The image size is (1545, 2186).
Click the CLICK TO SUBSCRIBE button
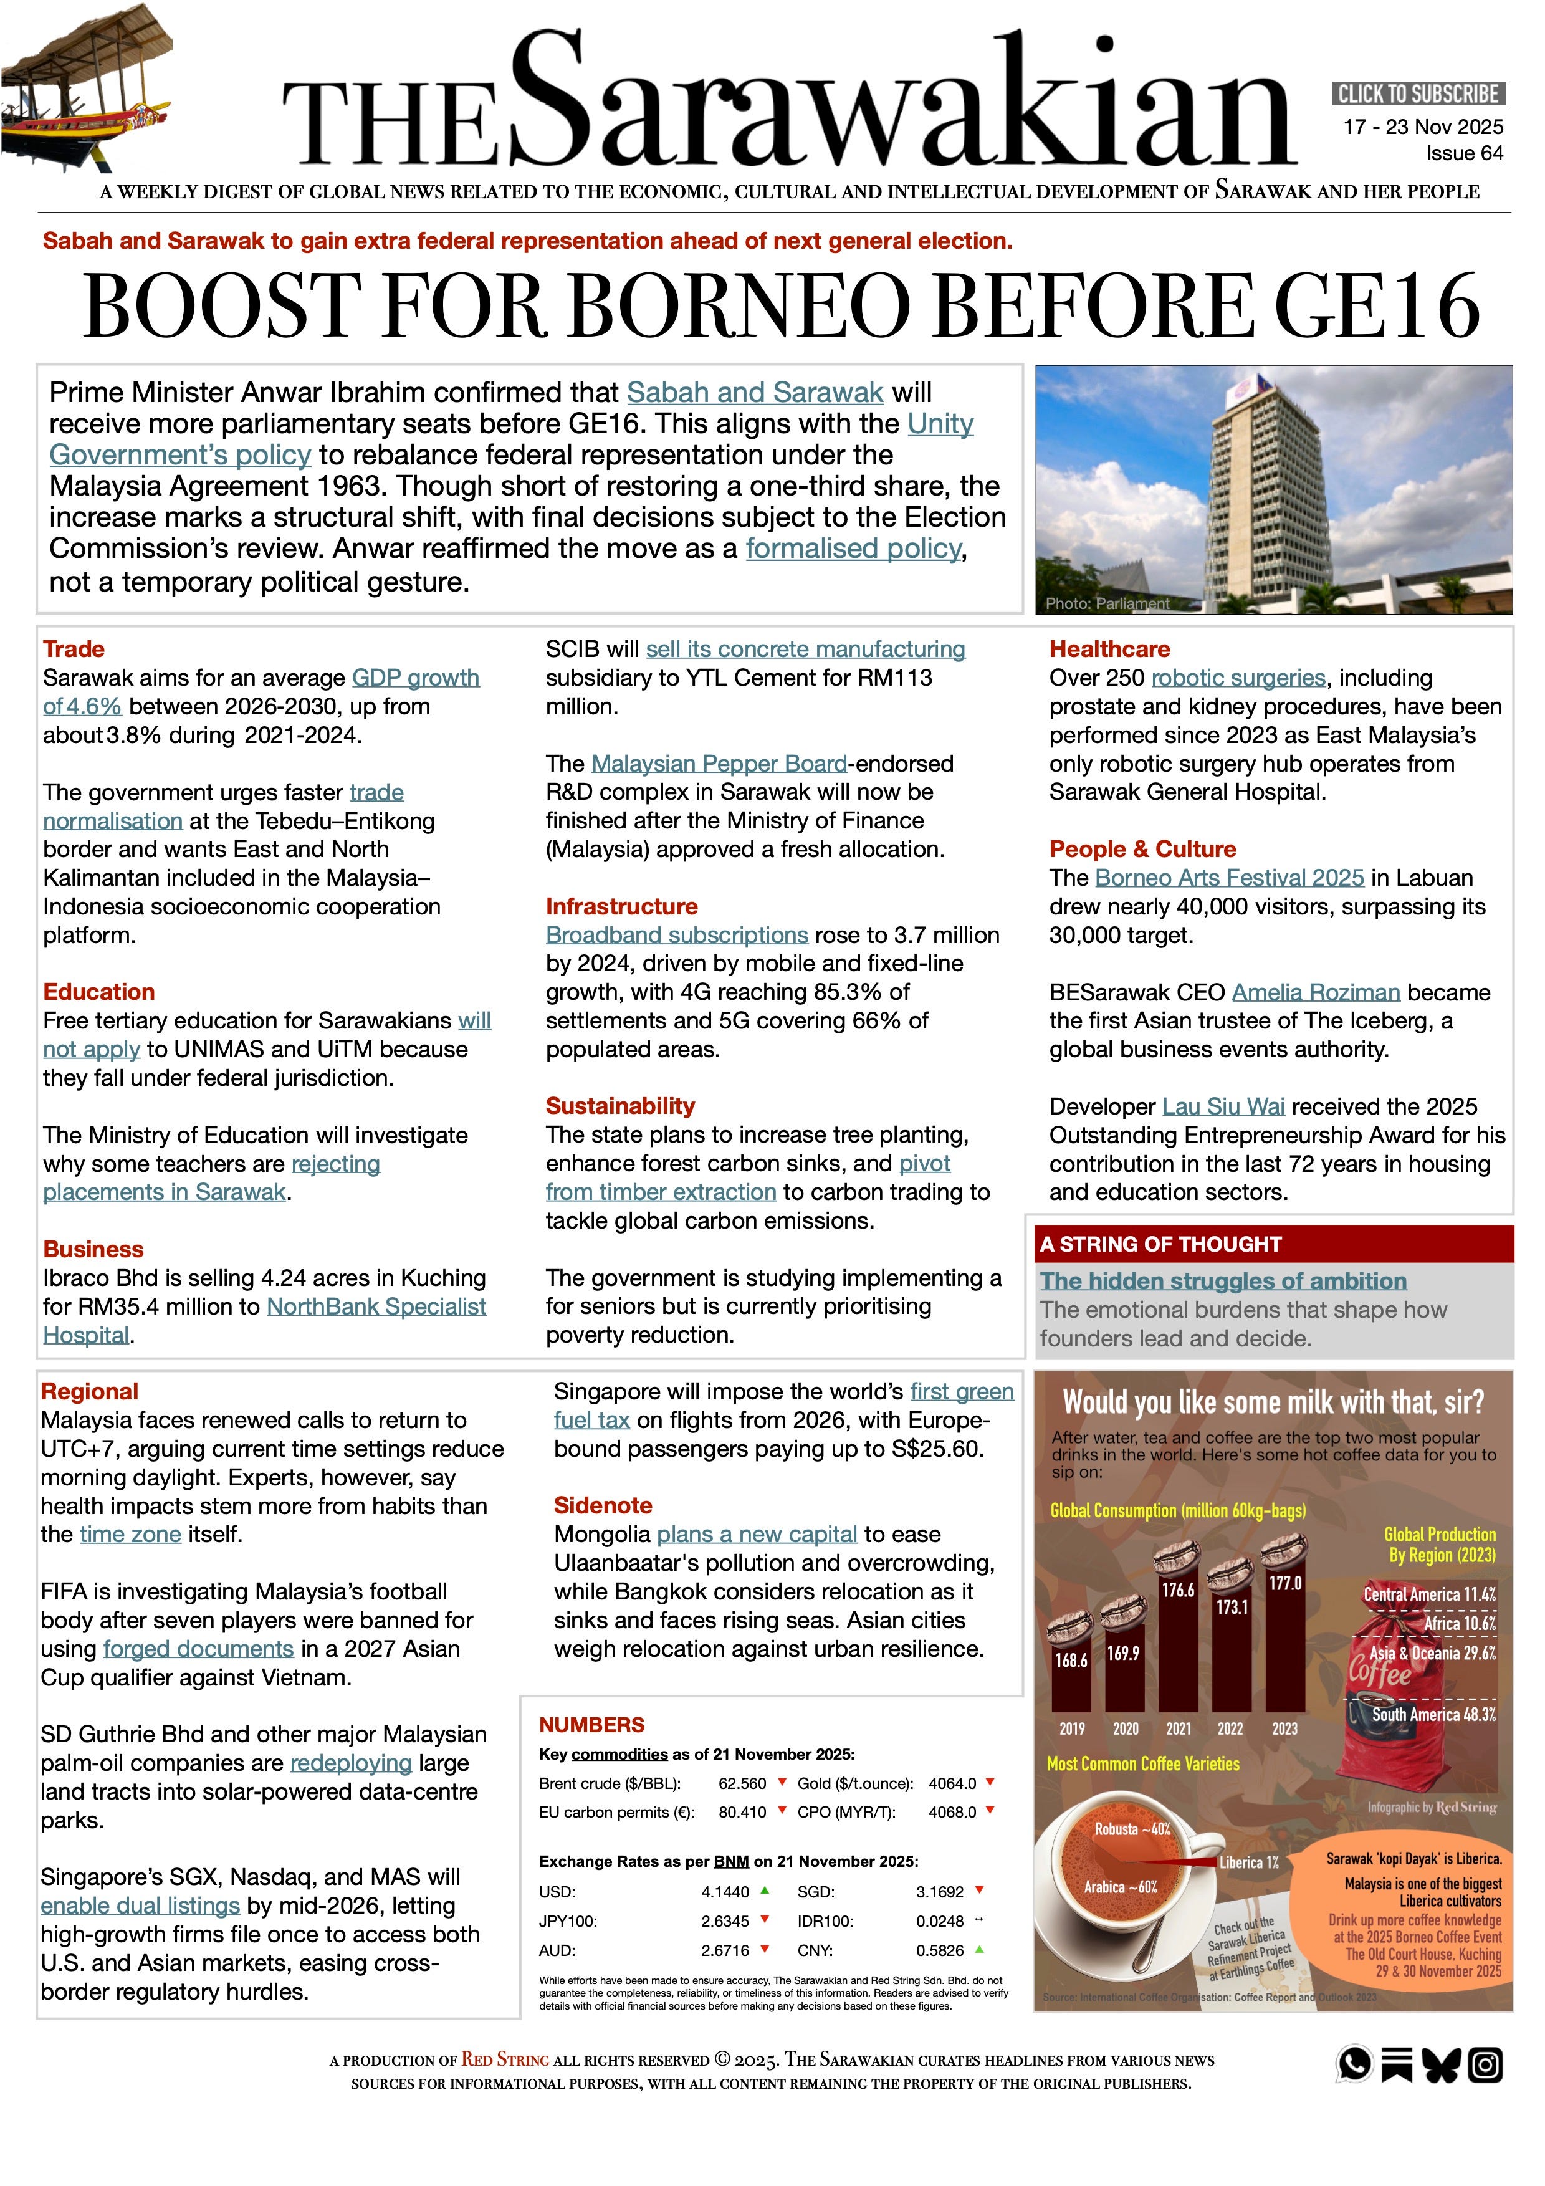point(1417,94)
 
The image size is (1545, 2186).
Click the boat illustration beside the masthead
point(85,85)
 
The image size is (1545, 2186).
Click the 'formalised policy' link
point(853,549)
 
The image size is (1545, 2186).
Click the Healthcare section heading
point(1109,650)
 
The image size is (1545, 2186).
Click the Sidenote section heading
point(603,1505)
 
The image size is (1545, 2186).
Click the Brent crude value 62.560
point(742,1783)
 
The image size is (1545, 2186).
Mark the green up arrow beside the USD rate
point(765,1891)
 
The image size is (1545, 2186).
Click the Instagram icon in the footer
point(1485,2065)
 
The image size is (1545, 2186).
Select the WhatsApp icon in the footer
point(1355,2064)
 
